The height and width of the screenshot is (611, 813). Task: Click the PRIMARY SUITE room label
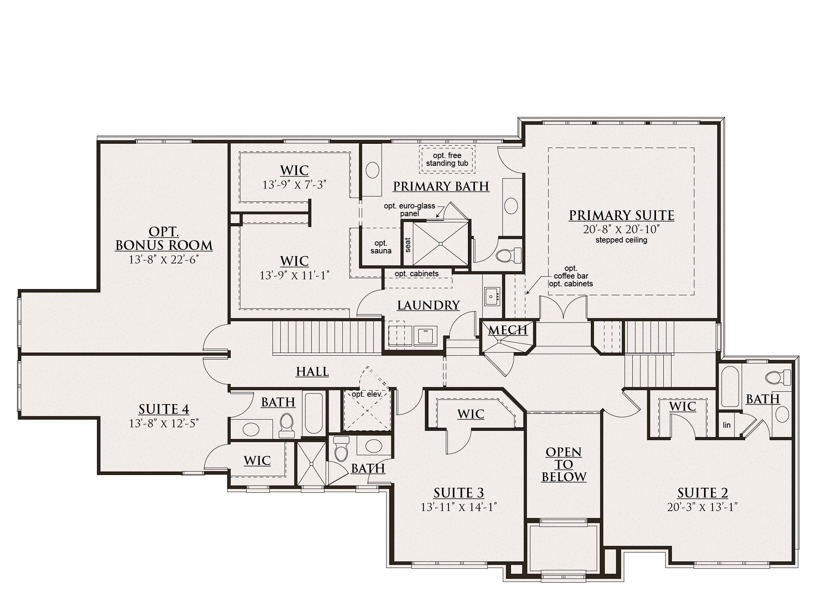click(x=621, y=215)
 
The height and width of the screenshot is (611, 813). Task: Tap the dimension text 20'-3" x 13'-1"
click(x=702, y=507)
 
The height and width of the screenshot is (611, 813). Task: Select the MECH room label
click(x=507, y=330)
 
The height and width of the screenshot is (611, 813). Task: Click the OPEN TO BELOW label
click(x=564, y=465)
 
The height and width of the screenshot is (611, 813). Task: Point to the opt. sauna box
click(x=380, y=247)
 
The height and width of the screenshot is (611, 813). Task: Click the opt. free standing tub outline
click(x=447, y=159)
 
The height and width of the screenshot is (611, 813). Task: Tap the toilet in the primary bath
click(x=508, y=255)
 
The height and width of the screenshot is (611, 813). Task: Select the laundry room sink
click(x=492, y=296)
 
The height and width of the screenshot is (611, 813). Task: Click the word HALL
click(x=312, y=372)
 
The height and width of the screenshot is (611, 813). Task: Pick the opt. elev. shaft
click(x=367, y=411)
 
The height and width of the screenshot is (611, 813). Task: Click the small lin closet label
click(x=727, y=425)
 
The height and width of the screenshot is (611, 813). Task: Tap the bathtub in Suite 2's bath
click(x=730, y=386)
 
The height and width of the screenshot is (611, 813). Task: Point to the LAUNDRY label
click(x=428, y=305)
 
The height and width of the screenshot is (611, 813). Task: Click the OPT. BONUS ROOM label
click(x=164, y=239)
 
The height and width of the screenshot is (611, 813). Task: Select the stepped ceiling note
click(x=621, y=240)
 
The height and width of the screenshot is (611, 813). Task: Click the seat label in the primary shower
click(x=407, y=245)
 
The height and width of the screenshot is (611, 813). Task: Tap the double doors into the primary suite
click(x=563, y=308)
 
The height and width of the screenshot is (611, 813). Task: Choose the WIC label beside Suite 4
click(x=257, y=461)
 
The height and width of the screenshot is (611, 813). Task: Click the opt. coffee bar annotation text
click(x=571, y=276)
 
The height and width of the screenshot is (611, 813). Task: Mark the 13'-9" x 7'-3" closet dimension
click(x=294, y=185)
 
